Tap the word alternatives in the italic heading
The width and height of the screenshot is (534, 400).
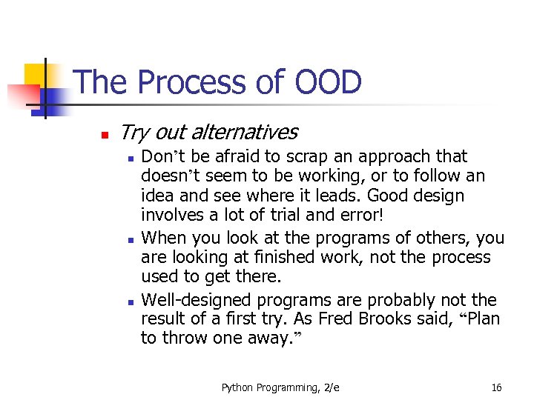pyautogui.click(x=244, y=133)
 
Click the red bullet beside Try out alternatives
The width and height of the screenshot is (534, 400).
pyautogui.click(x=105, y=135)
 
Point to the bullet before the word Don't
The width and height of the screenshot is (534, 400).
pyautogui.click(x=129, y=158)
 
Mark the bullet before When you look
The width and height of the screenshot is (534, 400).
pyautogui.click(x=129, y=239)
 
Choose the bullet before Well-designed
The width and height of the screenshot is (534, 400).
pyautogui.click(x=129, y=301)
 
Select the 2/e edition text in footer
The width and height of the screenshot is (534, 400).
pyautogui.click(x=330, y=387)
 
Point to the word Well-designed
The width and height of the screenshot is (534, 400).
pyautogui.click(x=196, y=300)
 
